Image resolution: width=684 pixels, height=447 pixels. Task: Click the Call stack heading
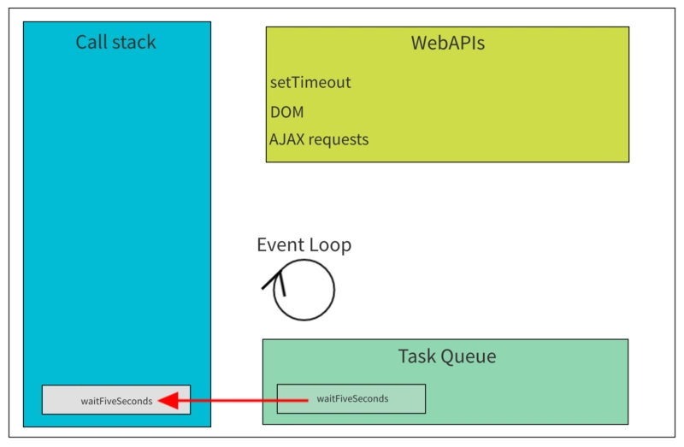115,42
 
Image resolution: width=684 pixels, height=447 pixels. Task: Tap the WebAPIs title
447,44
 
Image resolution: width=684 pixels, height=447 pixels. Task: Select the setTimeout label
310,82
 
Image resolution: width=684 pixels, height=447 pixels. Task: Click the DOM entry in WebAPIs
286,112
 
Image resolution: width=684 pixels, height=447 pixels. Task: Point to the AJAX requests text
319,139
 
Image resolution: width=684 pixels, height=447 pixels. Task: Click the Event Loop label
304,244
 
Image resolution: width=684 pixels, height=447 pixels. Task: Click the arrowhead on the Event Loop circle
276,280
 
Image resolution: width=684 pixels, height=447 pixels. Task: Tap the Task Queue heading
447,356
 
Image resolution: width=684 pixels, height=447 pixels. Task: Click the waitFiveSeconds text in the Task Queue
352,398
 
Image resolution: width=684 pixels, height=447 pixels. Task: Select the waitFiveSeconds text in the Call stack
116,401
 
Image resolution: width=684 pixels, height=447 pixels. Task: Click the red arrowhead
168,400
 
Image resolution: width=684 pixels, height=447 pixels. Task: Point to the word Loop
332,245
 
